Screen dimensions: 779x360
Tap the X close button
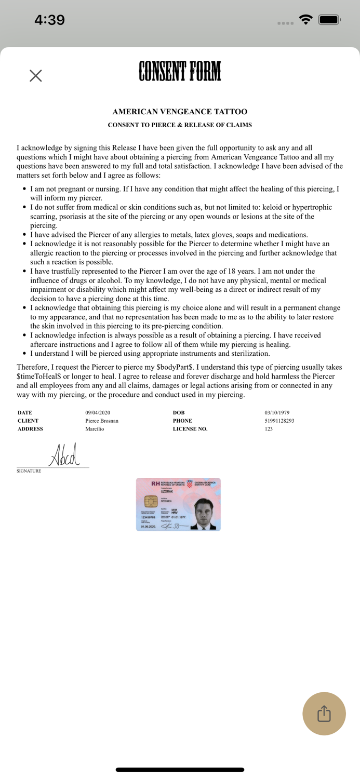36,76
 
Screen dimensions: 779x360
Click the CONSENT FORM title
180,72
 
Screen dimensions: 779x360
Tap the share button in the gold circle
324,713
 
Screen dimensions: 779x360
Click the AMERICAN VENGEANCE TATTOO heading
180,112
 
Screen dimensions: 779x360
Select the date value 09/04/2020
98,413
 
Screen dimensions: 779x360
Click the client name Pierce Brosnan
102,421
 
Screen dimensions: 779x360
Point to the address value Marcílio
95,429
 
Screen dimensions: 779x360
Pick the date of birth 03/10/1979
277,413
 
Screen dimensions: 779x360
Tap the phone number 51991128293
279,421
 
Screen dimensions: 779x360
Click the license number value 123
269,429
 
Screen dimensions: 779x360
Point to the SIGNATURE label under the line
29,471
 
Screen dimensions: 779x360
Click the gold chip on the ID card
151,502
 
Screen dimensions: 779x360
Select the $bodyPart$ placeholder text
175,367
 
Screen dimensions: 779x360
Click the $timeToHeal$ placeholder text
39,377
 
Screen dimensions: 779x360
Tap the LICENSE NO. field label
190,429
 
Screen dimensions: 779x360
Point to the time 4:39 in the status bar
49,20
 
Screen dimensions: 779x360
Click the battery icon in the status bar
329,20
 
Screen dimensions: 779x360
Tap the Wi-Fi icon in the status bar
306,20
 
